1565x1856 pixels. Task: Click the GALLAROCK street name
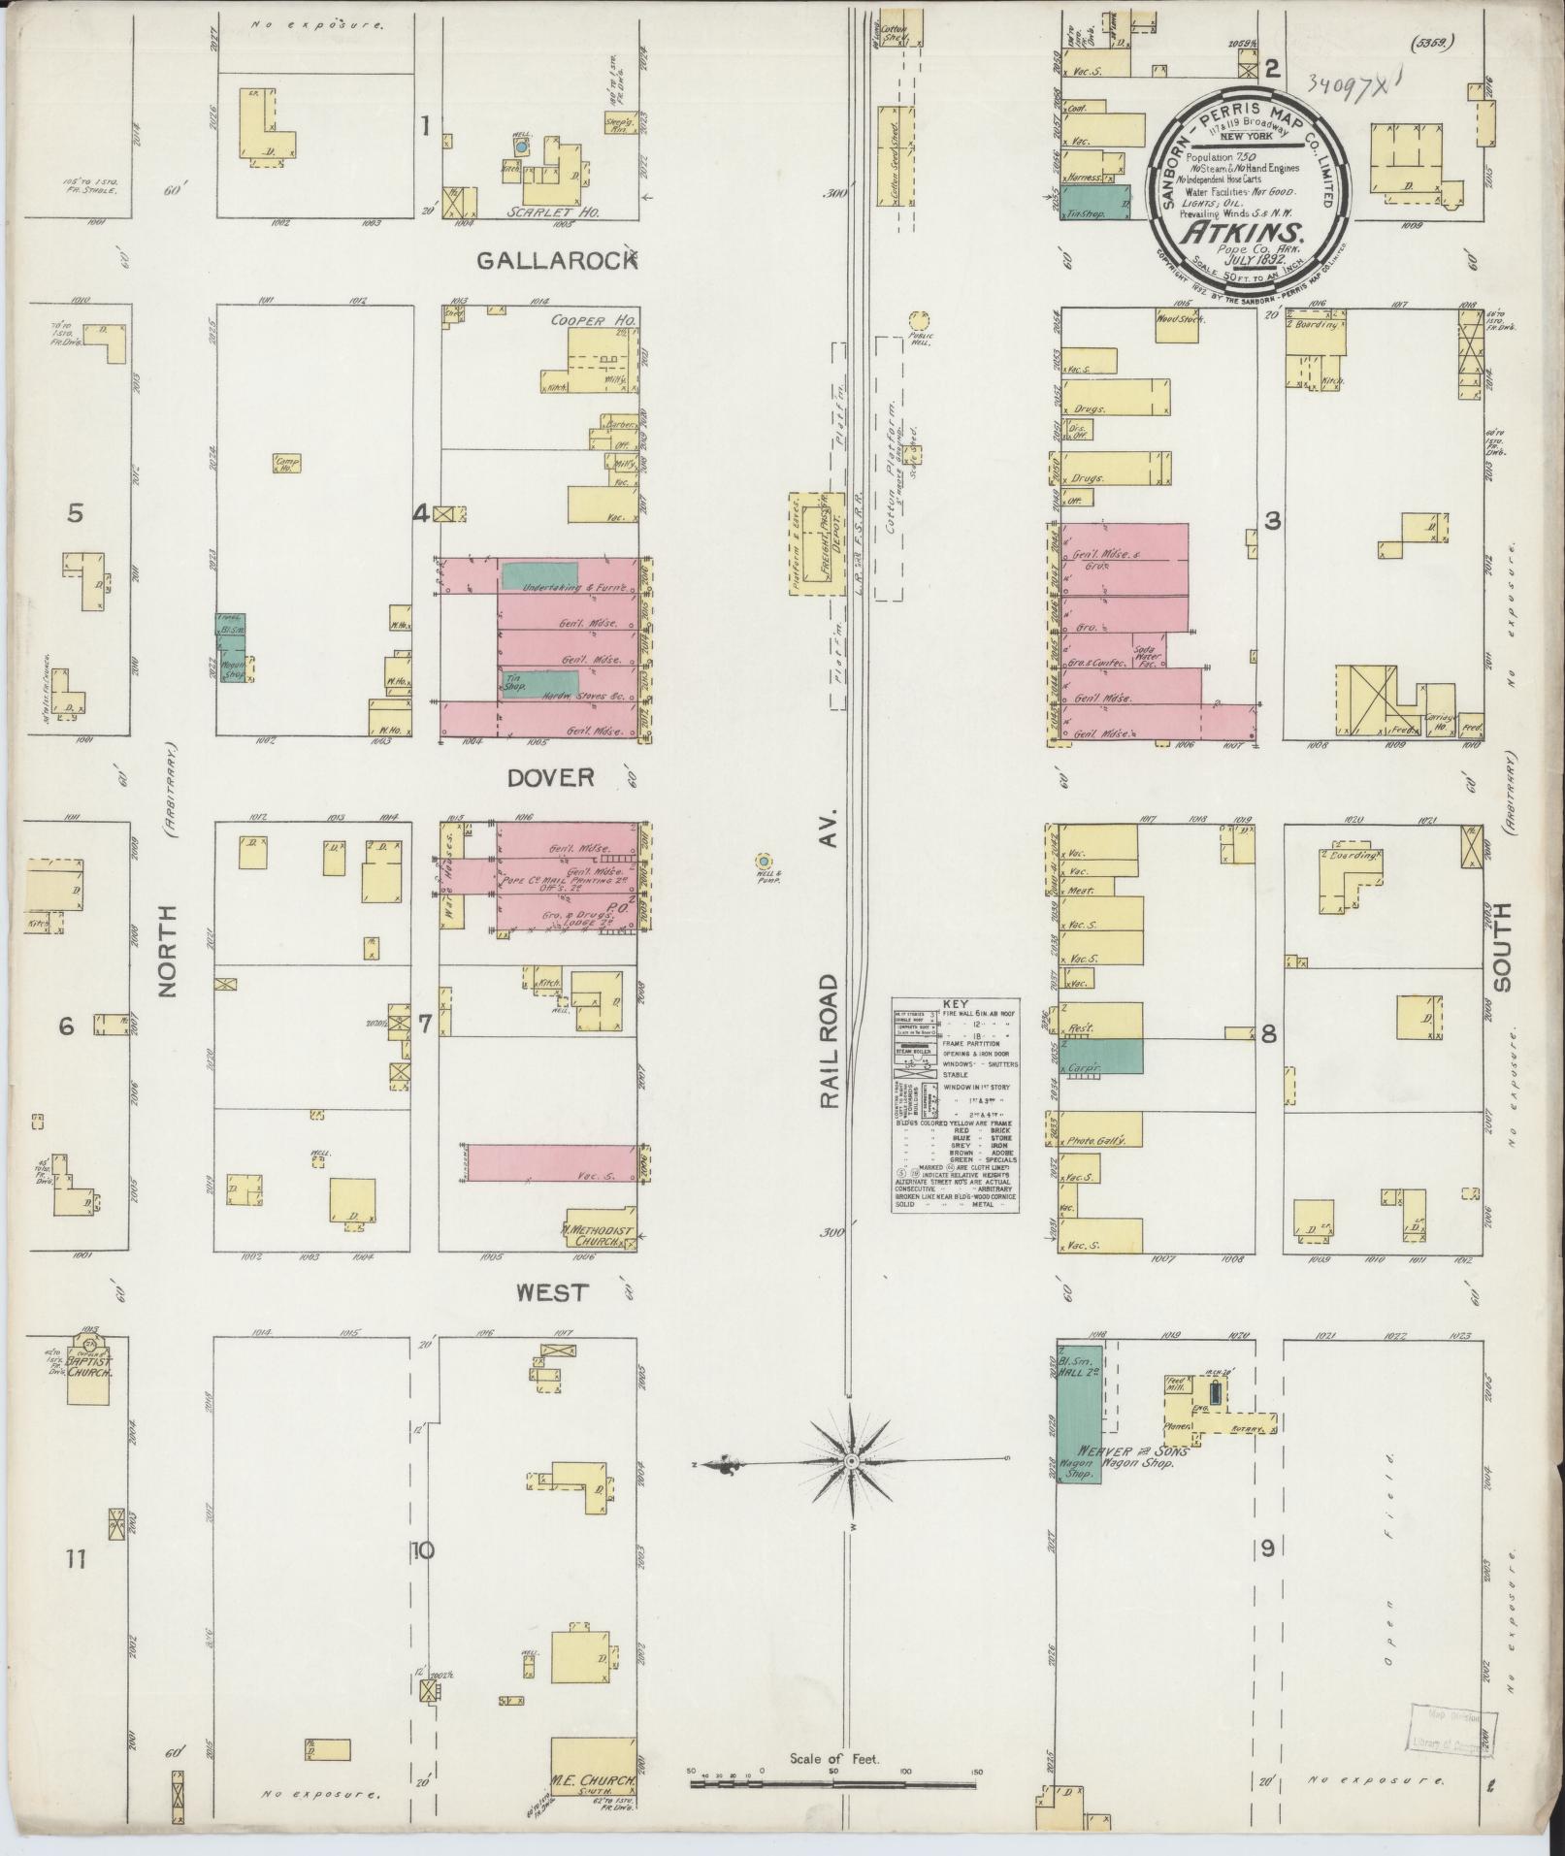pos(556,260)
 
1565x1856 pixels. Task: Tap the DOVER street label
pos(549,778)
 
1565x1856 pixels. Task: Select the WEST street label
pos(551,1292)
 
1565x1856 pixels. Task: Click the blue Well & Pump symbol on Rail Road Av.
pos(765,861)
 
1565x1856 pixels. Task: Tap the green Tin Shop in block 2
pos(1097,204)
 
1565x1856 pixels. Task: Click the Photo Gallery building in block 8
pos(1098,1142)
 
